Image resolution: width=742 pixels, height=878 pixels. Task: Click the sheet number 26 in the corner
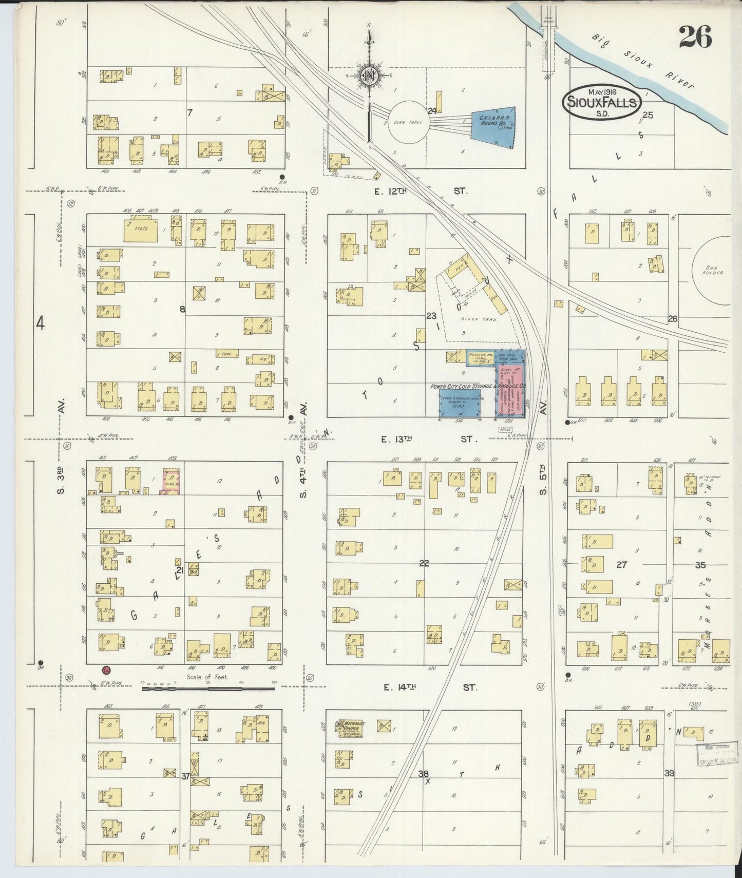pyautogui.click(x=695, y=37)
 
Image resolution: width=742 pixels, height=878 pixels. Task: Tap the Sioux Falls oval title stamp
pyautogui.click(x=602, y=102)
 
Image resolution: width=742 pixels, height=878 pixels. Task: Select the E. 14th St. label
pyautogui.click(x=429, y=687)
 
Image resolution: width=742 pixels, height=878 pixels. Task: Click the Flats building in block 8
pyautogui.click(x=141, y=230)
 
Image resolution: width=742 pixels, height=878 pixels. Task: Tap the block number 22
pyautogui.click(x=424, y=563)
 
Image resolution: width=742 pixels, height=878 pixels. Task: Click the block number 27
pyautogui.click(x=621, y=565)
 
